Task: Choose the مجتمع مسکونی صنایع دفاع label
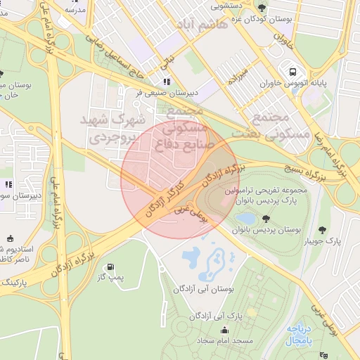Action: [184, 129]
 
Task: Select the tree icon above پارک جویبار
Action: [323, 230]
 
